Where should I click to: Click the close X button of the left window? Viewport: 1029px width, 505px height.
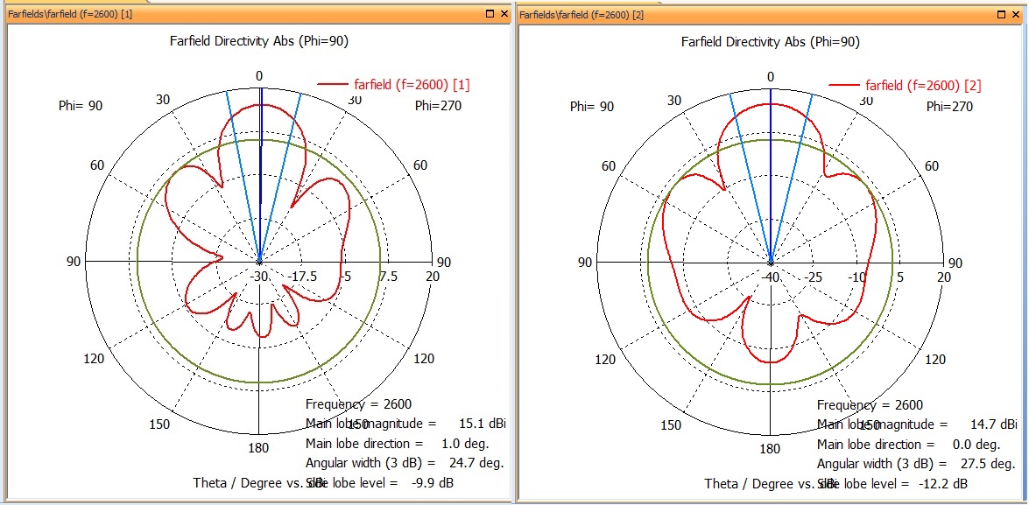504,14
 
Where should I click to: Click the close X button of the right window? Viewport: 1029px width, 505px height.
1016,14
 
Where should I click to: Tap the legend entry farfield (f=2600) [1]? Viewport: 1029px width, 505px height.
412,84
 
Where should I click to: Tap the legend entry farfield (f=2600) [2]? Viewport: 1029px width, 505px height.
923,85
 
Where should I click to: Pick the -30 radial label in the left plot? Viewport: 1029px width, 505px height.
259,277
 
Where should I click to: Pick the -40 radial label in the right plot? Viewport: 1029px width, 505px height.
771,277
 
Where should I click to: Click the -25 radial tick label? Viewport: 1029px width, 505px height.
814,277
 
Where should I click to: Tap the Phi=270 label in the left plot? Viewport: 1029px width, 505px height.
437,106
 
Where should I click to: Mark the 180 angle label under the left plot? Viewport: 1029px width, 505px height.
258,448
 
